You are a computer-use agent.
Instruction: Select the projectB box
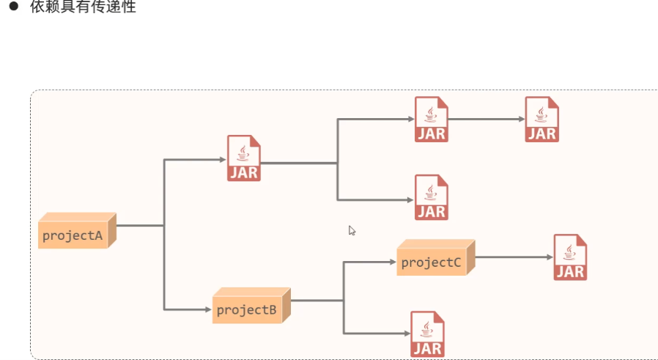coord(247,309)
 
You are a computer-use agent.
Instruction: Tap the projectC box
coord(432,261)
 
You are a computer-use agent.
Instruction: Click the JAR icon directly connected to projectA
coord(244,158)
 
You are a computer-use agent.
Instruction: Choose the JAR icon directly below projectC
coord(427,334)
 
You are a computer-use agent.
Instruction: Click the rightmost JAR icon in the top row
coord(542,119)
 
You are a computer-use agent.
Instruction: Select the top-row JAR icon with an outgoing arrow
coord(431,119)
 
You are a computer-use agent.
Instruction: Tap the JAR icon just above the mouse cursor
coord(431,197)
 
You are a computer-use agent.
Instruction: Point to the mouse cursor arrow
coord(351,229)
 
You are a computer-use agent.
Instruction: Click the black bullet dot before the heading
coord(12,8)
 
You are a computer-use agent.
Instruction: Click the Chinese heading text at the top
coord(83,8)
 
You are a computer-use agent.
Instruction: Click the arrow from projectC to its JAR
coord(513,257)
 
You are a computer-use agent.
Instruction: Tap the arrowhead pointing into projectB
coord(207,309)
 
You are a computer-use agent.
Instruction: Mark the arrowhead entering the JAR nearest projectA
coord(222,158)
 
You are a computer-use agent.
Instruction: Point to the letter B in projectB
coord(272,310)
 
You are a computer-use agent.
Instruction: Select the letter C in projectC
coord(456,262)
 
